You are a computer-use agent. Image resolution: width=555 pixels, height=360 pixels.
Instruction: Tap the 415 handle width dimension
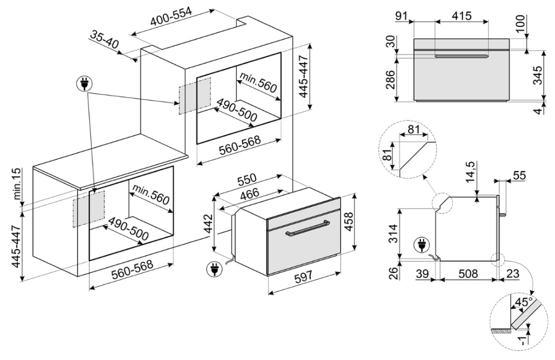(461, 16)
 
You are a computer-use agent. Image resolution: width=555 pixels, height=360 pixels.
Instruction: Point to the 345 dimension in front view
(538, 76)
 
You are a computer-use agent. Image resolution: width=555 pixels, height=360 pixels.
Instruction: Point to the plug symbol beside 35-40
(83, 83)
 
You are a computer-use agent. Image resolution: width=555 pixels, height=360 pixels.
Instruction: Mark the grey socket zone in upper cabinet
(195, 96)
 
